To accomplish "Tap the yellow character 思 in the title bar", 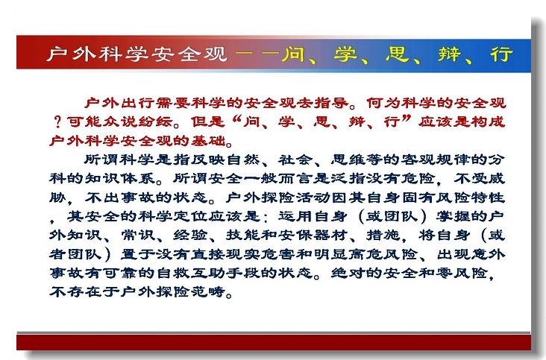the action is pyautogui.click(x=397, y=54).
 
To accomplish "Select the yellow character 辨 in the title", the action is pyautogui.click(x=449, y=54).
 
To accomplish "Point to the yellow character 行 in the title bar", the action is pyautogui.click(x=501, y=54).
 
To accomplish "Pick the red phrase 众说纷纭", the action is pyautogui.click(x=137, y=121).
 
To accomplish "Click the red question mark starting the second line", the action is pyautogui.click(x=57, y=121).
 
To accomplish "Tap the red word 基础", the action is pyautogui.click(x=208, y=141).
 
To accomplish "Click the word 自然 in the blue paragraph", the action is pyautogui.click(x=243, y=160).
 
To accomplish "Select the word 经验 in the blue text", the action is pyautogui.click(x=190, y=236).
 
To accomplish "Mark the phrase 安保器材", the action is pyautogui.click(x=313, y=236).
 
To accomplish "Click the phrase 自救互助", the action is pyautogui.click(x=190, y=273).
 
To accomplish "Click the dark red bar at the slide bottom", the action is pyautogui.click(x=274, y=342).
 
